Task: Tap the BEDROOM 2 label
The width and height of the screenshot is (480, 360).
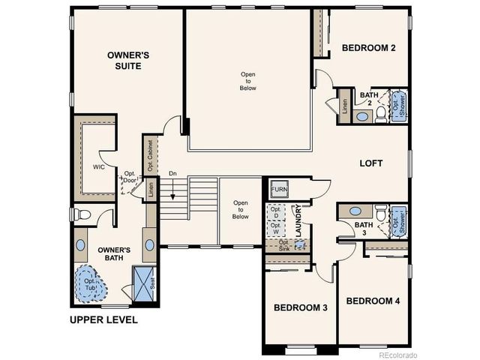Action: pos(368,48)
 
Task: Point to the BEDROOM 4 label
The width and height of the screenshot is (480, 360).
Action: pos(373,301)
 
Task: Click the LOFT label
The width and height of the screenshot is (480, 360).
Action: pos(372,163)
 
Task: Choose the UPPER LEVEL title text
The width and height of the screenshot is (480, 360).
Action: pos(103,320)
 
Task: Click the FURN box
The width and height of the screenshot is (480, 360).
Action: pos(280,189)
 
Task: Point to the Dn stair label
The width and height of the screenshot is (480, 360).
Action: pos(172,174)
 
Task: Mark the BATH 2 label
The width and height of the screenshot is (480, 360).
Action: pos(369,99)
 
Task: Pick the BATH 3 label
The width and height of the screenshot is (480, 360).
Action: pos(363,229)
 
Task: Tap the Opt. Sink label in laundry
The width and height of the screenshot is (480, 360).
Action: pos(283,246)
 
